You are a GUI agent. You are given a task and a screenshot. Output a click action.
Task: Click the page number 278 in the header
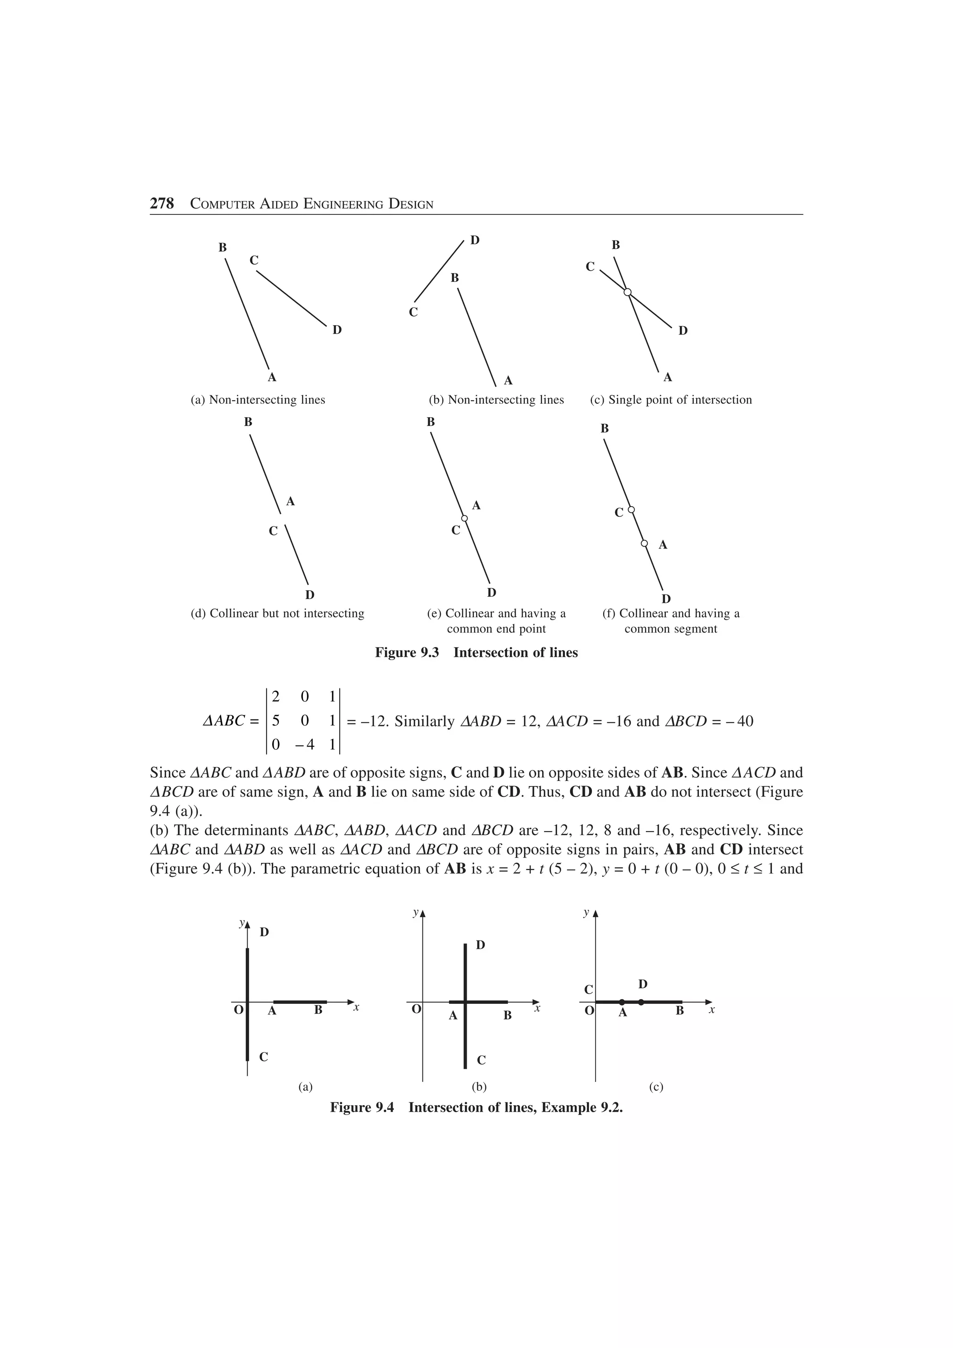pos(162,204)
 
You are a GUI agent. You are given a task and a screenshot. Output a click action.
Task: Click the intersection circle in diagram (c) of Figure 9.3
pos(627,292)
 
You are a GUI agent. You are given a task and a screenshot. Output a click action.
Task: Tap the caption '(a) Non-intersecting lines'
pos(258,400)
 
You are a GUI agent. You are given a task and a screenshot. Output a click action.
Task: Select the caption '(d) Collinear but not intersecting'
pos(277,614)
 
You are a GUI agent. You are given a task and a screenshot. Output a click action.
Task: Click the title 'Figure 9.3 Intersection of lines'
pos(476,653)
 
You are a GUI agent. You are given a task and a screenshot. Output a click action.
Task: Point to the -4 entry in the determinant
pos(304,744)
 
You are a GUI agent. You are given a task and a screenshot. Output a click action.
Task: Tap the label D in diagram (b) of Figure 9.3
pos(475,240)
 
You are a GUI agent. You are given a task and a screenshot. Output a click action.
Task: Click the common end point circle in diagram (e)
pos(464,519)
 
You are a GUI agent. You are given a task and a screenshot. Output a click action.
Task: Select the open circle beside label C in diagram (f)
pos(631,510)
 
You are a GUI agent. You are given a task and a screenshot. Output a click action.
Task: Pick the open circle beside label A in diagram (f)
pos(644,544)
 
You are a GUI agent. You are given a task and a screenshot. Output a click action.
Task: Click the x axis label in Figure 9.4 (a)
pos(356,1008)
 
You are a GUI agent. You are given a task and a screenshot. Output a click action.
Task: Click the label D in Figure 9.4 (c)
pos(643,984)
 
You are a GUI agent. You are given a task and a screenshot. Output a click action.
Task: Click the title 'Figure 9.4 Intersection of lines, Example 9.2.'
pos(476,1107)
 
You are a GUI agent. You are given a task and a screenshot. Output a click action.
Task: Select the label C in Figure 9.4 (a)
pos(264,1057)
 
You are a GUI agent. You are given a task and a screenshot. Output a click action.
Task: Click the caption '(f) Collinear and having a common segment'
pos(671,621)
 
